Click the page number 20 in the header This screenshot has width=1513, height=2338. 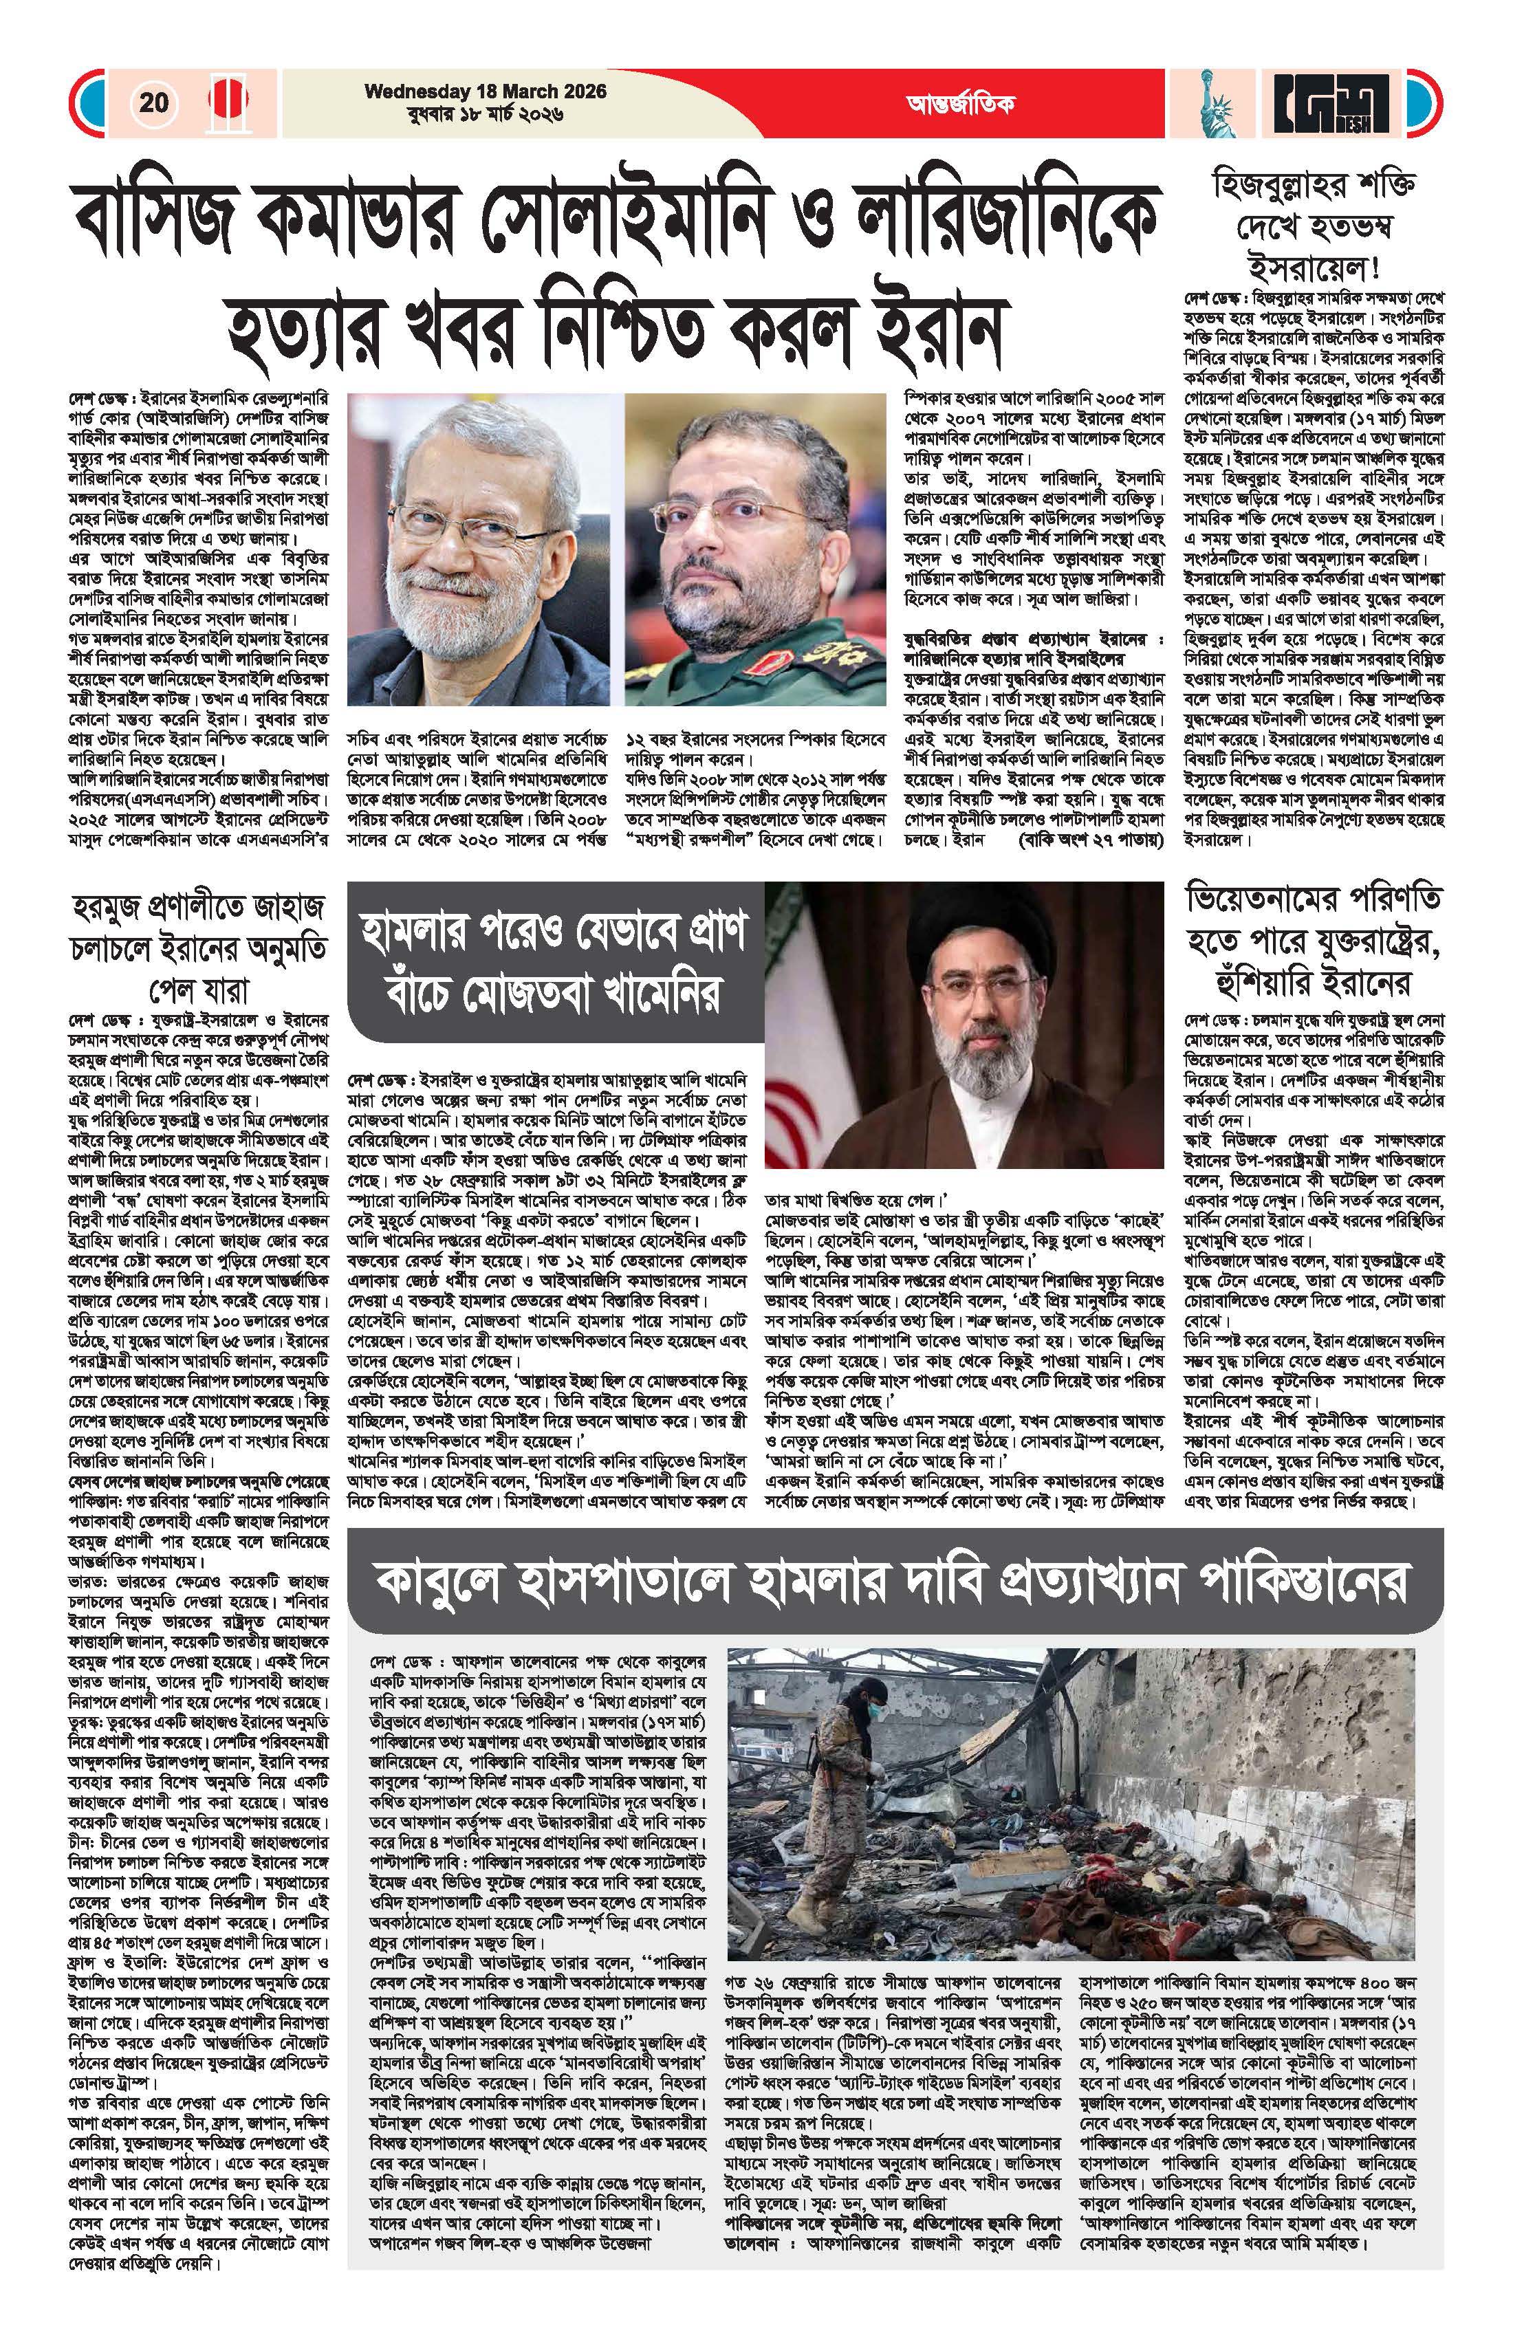pyautogui.click(x=154, y=102)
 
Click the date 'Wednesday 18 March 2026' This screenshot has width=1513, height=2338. pyautogui.click(x=486, y=91)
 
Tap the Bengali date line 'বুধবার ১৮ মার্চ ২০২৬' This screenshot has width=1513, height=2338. pyautogui.click(x=486, y=114)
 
